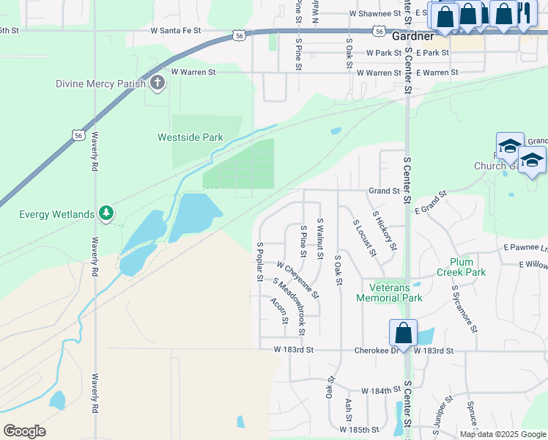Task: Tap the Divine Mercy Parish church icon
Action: click(157, 84)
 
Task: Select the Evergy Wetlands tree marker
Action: click(107, 214)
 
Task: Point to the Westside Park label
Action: click(190, 137)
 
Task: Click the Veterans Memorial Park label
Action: click(390, 293)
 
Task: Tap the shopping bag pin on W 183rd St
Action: click(403, 333)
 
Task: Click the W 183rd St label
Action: click(289, 351)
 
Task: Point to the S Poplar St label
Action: click(259, 261)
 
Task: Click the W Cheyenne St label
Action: click(297, 279)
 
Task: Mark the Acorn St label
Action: click(278, 311)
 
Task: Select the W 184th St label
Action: click(379, 392)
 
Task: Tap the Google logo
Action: click(24, 431)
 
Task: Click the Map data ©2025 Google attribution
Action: click(502, 434)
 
